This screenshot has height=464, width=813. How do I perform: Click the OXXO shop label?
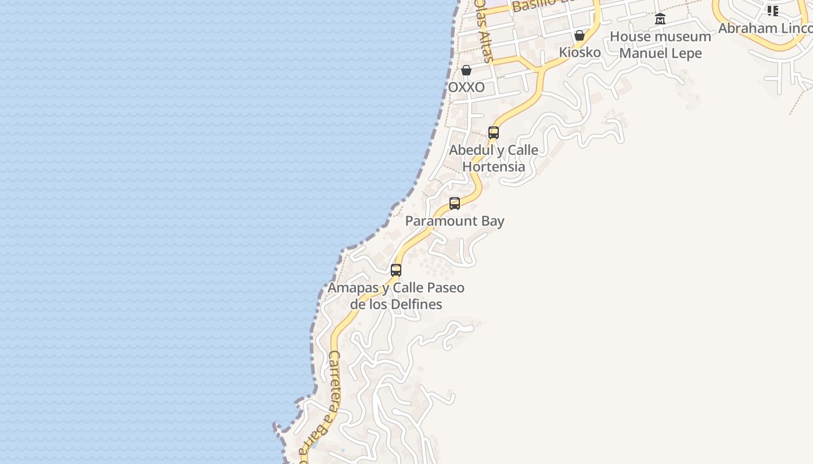pos(466,88)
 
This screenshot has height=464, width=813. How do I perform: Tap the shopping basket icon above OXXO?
pos(466,70)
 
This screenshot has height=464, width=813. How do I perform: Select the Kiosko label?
pos(580,52)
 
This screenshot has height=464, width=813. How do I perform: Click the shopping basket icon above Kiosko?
pos(579,35)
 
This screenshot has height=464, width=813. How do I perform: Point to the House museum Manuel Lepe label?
pos(660,45)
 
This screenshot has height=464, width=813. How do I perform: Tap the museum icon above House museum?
pos(660,19)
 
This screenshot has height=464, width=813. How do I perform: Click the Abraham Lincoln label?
pos(765,28)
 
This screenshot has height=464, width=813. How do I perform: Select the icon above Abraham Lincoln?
pos(772,10)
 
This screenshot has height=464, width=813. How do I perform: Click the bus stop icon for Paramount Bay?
pos(455,204)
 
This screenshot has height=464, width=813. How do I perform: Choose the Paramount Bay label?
pos(455,221)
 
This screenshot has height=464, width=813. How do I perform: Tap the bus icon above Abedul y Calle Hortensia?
pos(494,133)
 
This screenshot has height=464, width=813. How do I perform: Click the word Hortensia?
pos(494,167)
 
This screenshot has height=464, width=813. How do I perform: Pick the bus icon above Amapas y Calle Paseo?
pos(396,270)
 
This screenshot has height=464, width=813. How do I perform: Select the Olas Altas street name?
pos(483,30)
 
